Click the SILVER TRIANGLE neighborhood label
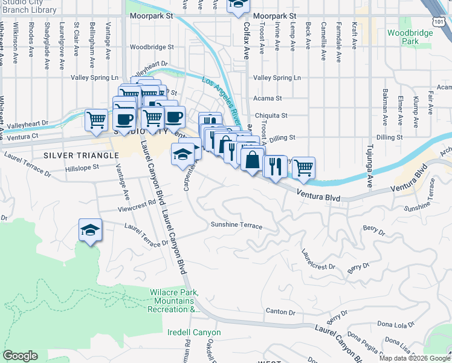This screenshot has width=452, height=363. click(x=81, y=155)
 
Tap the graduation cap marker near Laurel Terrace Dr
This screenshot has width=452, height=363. click(x=90, y=231)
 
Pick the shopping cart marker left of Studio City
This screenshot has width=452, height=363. click(x=96, y=120)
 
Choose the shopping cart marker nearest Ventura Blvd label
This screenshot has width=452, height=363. click(x=303, y=167)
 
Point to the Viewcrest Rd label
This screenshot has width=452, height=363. click(x=138, y=205)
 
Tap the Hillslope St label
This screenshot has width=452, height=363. click(x=82, y=168)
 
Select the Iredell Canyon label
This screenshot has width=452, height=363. click(x=194, y=333)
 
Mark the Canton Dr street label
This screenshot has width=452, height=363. click(x=280, y=313)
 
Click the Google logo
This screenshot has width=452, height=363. click(x=20, y=356)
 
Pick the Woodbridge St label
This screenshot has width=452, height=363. click(x=152, y=47)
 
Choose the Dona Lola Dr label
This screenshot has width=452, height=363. click(x=395, y=325)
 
